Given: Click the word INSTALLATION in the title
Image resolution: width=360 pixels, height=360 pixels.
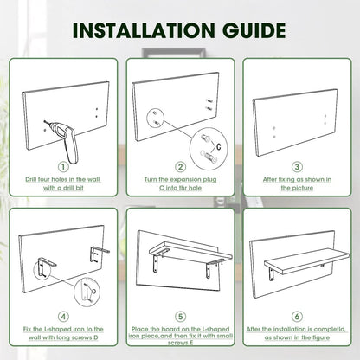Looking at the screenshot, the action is tap(144, 30).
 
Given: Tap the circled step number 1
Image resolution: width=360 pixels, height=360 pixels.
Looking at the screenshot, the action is tap(63, 167).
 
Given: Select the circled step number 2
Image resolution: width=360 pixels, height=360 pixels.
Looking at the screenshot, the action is tap(180, 167).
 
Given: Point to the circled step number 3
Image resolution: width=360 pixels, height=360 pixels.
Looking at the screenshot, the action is tap(297, 167).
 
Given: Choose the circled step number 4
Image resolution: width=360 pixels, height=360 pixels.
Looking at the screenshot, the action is tap(63, 317).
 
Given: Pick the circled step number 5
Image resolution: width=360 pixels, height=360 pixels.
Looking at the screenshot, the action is tap(180, 317).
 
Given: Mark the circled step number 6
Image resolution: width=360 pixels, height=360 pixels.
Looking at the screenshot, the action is tap(297, 317).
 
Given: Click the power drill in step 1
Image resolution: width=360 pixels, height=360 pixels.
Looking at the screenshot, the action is tap(66, 141).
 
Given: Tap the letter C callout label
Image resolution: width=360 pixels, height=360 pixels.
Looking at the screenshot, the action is tap(219, 146).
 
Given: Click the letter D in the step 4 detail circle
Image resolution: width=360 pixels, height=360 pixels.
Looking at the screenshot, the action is tap(93, 292).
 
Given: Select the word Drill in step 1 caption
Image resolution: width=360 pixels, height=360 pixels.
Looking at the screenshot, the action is tap(31, 179).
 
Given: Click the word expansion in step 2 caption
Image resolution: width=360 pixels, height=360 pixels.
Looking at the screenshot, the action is tap(185, 180).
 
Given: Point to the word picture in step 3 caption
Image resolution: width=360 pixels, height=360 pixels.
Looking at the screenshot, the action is tap(302, 188).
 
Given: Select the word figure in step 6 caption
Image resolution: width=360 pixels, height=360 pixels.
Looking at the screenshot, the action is tap(320, 337).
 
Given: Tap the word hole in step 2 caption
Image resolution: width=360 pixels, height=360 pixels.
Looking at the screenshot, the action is tap(196, 188).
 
